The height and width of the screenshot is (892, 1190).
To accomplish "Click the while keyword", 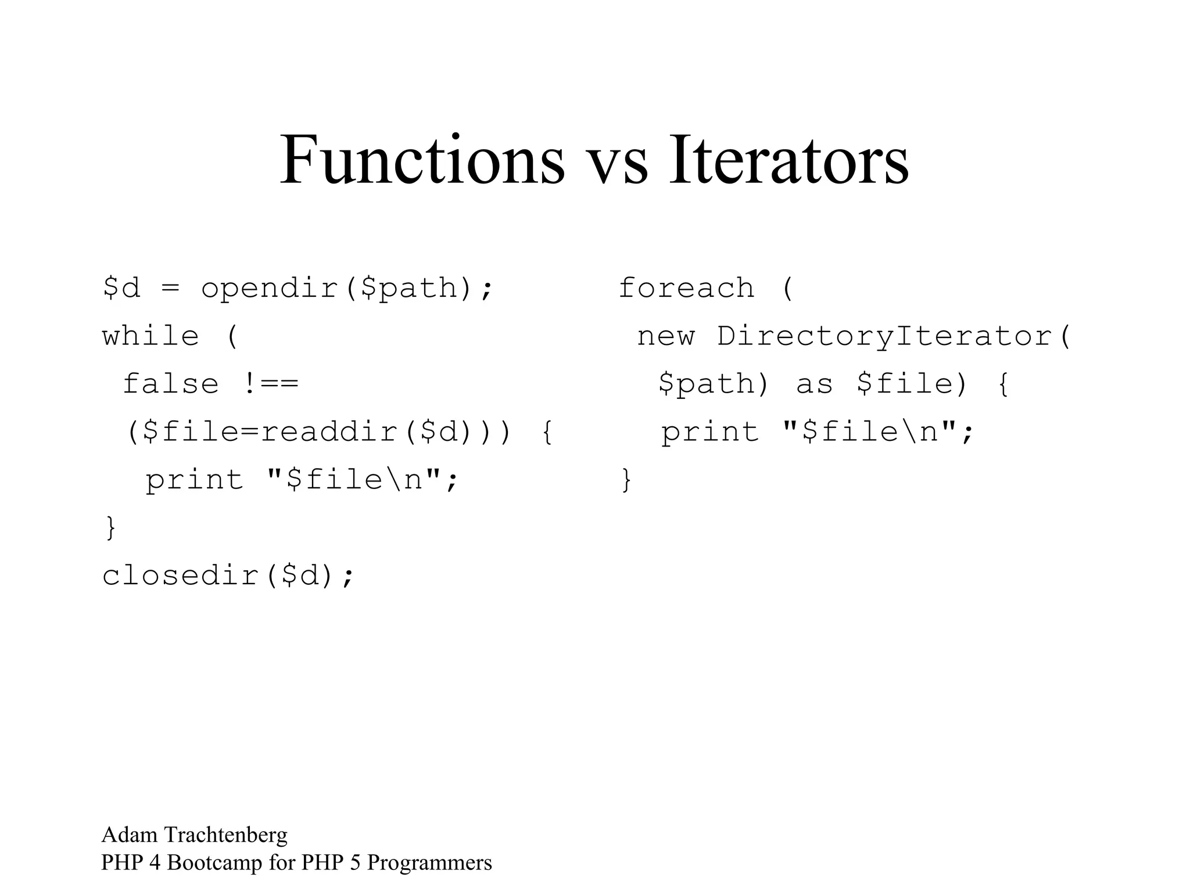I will click(150, 336).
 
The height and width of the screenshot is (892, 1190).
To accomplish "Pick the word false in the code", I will click(171, 384).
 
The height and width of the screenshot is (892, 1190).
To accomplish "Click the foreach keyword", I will click(686, 288).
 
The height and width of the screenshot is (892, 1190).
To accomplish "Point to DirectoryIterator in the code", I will click(884, 336).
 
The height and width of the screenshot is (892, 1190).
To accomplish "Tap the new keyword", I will click(666, 336).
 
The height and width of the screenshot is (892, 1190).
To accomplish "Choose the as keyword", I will click(815, 384).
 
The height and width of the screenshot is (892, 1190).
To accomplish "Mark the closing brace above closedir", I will click(110, 528).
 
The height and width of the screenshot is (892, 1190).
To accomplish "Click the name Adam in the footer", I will click(130, 835).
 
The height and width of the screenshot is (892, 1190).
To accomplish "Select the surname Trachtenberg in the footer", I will click(226, 835).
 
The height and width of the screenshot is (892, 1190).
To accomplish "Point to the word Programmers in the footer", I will click(429, 863).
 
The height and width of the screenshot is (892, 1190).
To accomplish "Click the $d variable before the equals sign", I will click(121, 288).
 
